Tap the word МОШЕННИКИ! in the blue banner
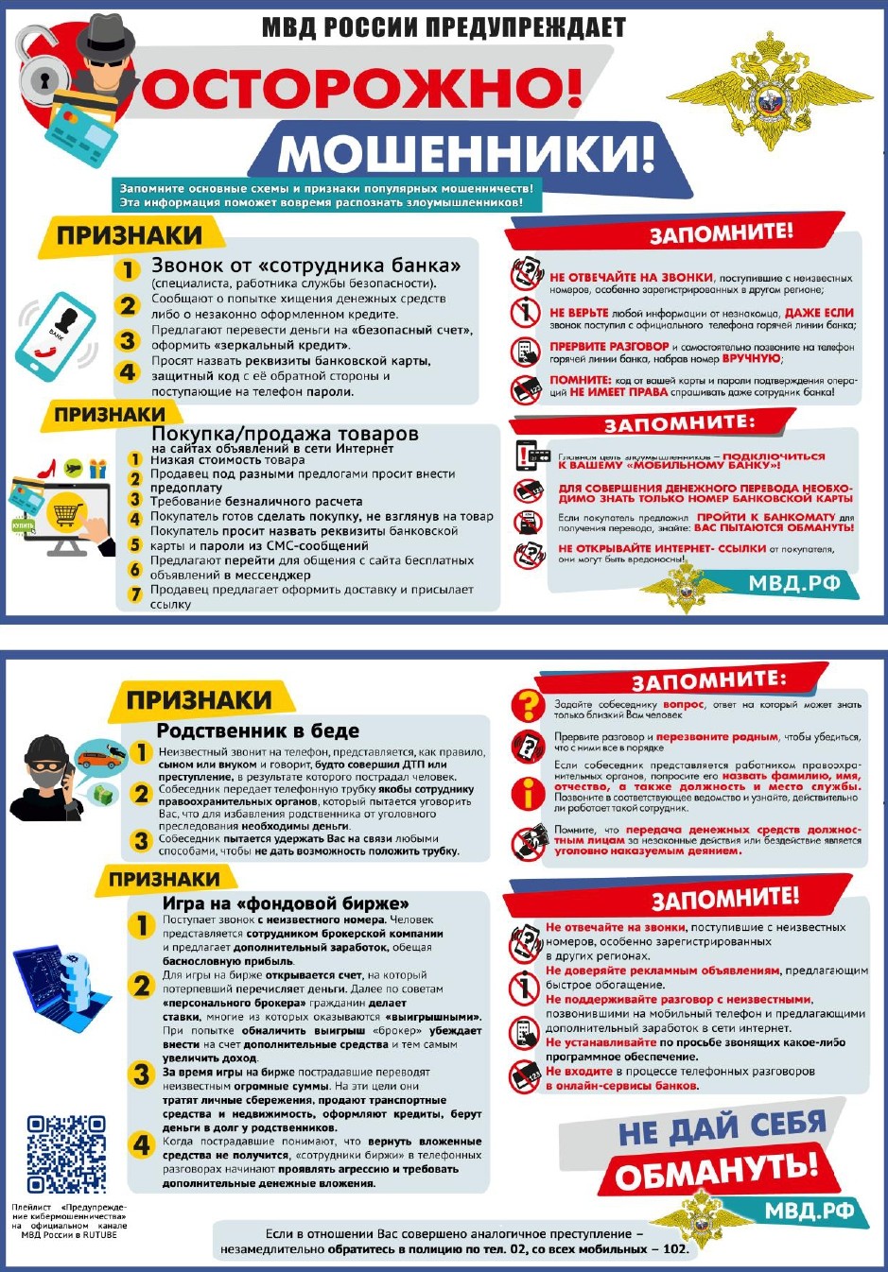click(x=465, y=152)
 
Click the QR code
click(x=65, y=1153)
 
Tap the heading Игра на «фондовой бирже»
click(x=285, y=902)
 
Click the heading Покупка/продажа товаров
click(x=284, y=434)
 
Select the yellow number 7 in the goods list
click(x=135, y=594)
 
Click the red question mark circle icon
click(x=527, y=704)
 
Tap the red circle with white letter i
click(x=527, y=791)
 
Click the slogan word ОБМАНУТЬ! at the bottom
click(x=715, y=1173)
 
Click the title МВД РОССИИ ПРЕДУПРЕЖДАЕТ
click(x=444, y=27)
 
